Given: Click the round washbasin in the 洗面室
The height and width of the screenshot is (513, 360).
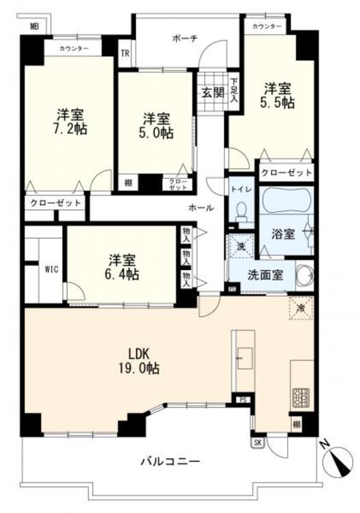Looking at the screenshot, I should click(x=305, y=276).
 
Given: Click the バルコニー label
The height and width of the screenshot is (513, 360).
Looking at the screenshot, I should click(x=162, y=462).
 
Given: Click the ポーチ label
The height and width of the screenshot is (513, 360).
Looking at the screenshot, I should click(x=185, y=39).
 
